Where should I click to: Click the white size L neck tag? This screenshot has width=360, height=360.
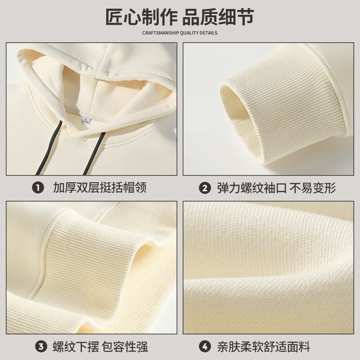(x=86, y=120)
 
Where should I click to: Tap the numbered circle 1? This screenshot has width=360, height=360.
(x=38, y=188)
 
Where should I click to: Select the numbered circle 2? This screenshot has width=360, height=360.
(x=205, y=188)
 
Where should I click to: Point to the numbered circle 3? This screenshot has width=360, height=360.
(x=41, y=346)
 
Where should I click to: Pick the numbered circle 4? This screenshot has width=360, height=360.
(x=205, y=346)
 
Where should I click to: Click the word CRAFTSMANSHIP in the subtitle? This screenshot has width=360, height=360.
(x=160, y=33)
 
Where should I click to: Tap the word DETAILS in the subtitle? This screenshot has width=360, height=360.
(x=208, y=33)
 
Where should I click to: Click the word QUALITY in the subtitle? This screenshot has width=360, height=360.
(x=189, y=33)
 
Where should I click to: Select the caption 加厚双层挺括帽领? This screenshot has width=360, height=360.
(x=100, y=188)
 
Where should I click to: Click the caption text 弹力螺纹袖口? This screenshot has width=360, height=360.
(x=252, y=188)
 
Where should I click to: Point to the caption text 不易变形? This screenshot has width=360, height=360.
(x=313, y=188)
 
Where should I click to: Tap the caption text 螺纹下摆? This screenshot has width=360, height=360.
(x=76, y=346)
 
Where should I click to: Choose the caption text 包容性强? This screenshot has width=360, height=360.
(x=125, y=346)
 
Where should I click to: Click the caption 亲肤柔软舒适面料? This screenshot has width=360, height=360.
(x=264, y=346)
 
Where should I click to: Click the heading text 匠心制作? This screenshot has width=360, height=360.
(x=141, y=17)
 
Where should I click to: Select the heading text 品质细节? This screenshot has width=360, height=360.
(x=218, y=17)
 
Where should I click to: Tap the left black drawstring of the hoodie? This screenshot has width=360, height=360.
(x=49, y=147)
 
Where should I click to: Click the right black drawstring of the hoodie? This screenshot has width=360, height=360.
(x=94, y=154)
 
